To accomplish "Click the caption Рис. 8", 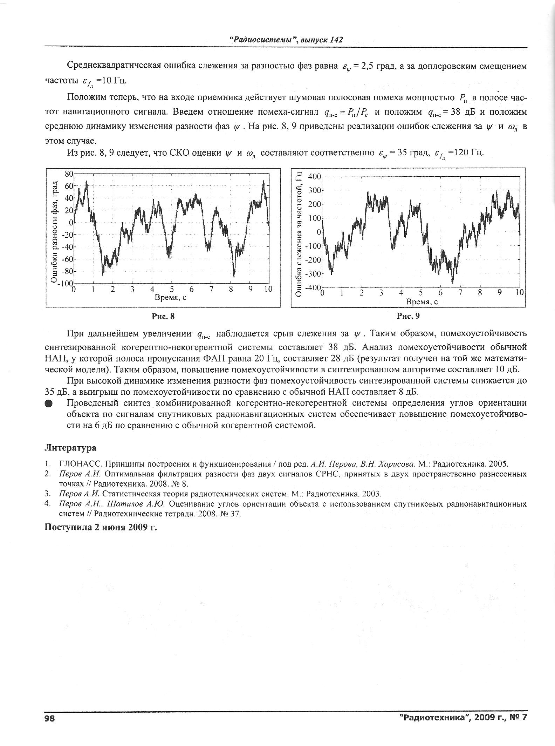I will coord(163,317).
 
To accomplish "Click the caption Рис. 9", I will coord(408,317).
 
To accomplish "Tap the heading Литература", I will coord(70,448).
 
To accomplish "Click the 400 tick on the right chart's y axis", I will coord(314,176).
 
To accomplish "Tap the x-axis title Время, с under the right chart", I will coord(422,302).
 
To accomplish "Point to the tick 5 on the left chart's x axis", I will coord(172,290).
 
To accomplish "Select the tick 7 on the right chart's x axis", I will coord(460,293).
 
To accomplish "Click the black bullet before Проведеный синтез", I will coord(49,403).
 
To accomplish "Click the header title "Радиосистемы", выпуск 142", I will coord(286,40).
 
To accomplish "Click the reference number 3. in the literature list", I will coord(48,494).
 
